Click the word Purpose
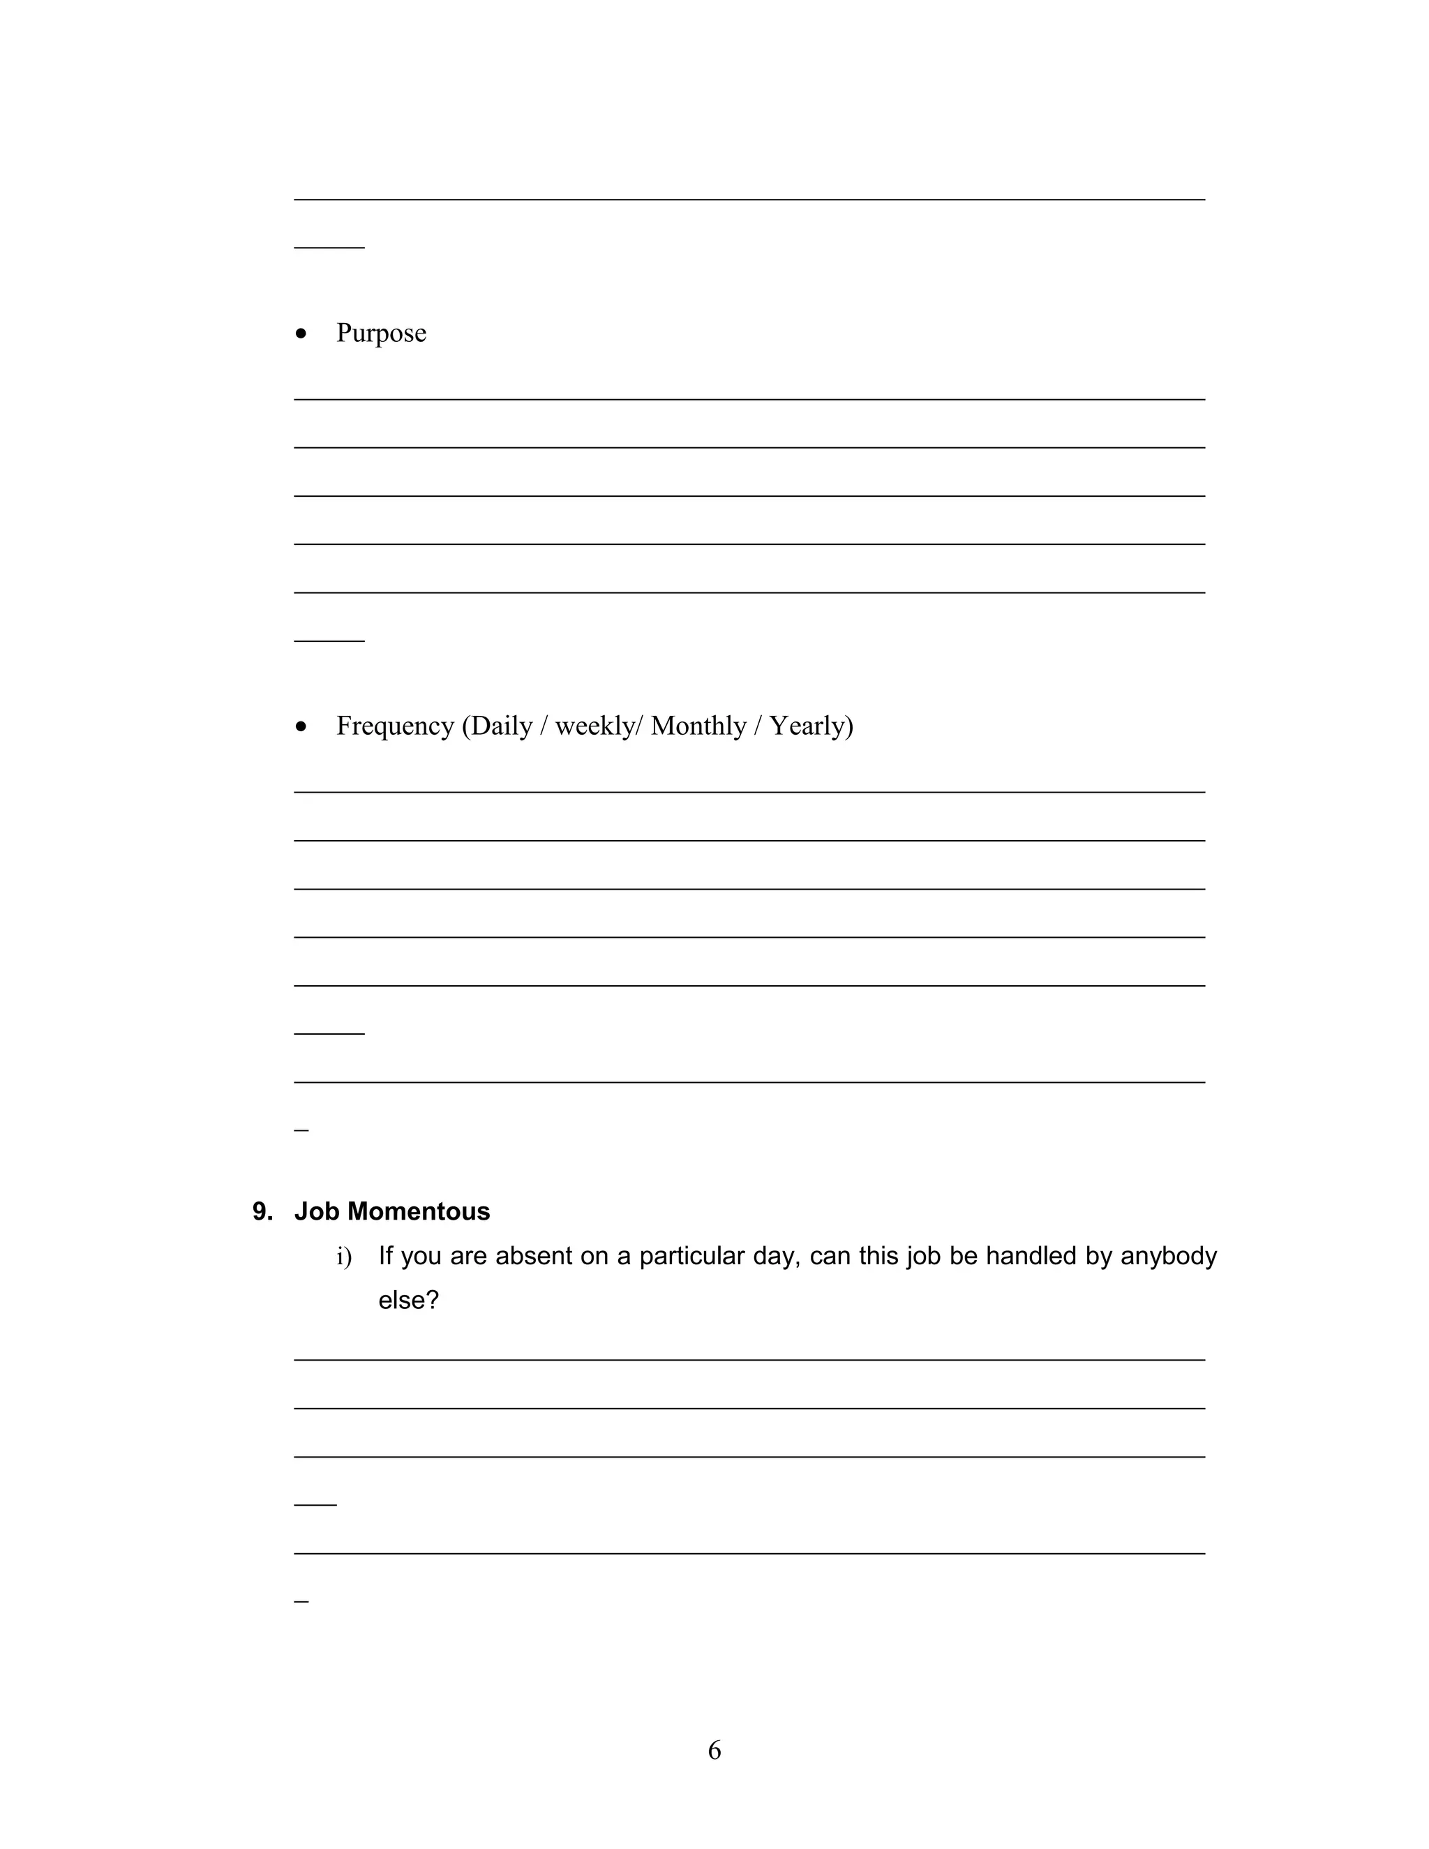(381, 334)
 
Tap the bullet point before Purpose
(301, 334)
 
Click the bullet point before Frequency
(301, 727)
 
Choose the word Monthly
(698, 726)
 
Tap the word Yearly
(810, 726)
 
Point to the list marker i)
(344, 1257)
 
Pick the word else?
(408, 1300)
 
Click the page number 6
(714, 1750)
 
